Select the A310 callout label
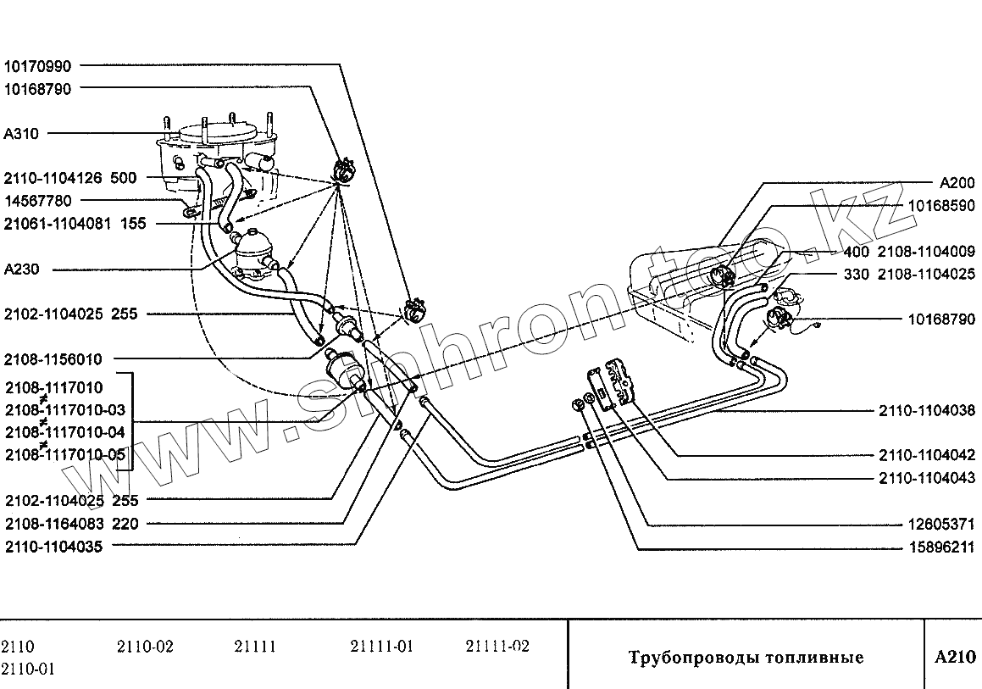pyautogui.click(x=22, y=133)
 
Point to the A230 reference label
pyautogui.click(x=22, y=269)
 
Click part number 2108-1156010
pyautogui.click(x=53, y=359)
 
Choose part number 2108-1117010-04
pyautogui.click(x=65, y=432)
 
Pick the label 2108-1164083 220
pyautogui.click(x=71, y=524)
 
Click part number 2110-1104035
pyautogui.click(x=53, y=547)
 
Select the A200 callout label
pyautogui.click(x=957, y=183)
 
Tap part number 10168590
pyautogui.click(x=941, y=206)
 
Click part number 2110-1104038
pyautogui.click(x=926, y=411)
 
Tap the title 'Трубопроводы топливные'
pyautogui.click(x=746, y=658)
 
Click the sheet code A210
pyautogui.click(x=955, y=657)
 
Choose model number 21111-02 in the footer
pyautogui.click(x=497, y=647)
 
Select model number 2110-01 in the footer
pyautogui.click(x=29, y=669)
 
